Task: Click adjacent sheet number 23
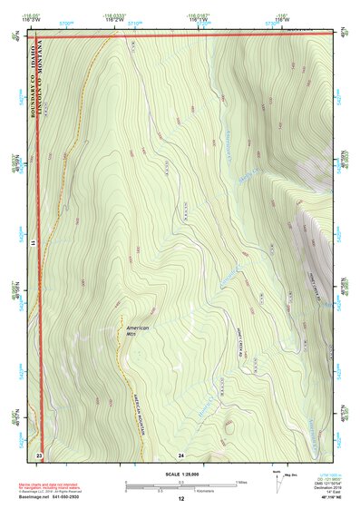click(x=39, y=453)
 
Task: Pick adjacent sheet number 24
click(x=181, y=453)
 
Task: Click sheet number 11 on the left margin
click(x=31, y=245)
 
